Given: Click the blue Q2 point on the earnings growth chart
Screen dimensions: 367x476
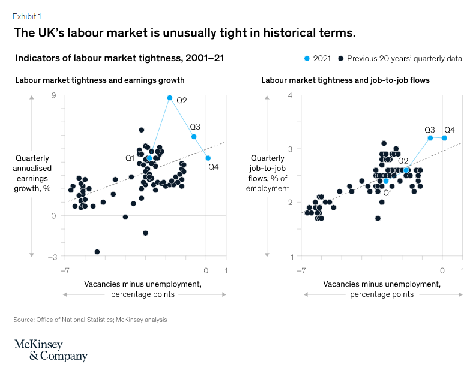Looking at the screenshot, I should coord(170,98).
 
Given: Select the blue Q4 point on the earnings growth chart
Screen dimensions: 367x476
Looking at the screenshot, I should coord(208,158).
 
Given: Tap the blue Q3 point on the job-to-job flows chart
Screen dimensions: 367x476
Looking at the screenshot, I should coord(430,138).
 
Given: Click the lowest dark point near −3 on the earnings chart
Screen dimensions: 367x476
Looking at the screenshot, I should coord(97,252).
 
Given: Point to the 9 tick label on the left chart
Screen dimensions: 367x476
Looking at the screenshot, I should coord(54,95).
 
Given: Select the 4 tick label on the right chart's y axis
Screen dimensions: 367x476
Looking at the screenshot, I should coord(291,95).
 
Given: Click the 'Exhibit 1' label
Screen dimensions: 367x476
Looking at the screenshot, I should coord(28,16).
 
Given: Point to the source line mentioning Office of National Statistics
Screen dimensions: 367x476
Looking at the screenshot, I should coord(90,320).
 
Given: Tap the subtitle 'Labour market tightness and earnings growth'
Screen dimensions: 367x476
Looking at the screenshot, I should coord(100,80).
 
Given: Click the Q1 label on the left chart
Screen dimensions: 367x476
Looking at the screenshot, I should coord(130,158).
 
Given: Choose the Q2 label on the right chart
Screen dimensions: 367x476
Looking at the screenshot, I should coord(403,160).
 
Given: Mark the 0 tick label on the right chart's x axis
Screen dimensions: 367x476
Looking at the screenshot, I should coord(443,270).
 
